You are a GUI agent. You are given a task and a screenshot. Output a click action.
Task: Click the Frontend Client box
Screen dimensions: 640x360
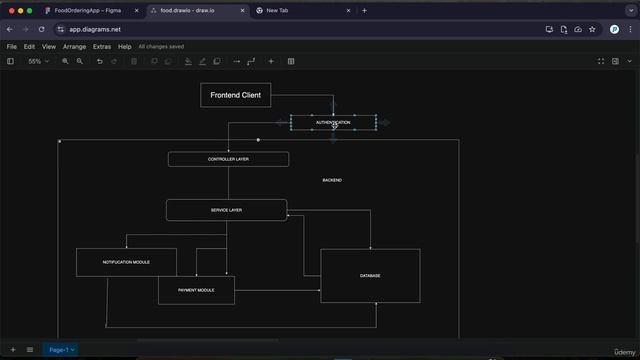pos(235,95)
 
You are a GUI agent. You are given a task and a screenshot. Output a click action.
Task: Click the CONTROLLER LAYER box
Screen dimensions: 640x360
pos(228,159)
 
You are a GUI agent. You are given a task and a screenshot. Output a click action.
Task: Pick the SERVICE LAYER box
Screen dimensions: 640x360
pos(226,210)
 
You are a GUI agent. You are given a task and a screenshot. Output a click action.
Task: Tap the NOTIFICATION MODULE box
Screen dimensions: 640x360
pos(126,262)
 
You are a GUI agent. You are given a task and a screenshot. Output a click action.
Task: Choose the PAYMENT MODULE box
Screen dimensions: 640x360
pos(196,290)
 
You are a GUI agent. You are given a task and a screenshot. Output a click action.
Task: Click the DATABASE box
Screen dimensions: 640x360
pos(370,276)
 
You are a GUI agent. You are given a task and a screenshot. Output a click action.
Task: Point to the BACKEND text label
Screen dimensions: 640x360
pos(332,180)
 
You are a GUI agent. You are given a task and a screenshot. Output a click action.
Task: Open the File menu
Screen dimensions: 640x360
pos(12,46)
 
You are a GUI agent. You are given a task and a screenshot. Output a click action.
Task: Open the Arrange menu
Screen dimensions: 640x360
pos(74,46)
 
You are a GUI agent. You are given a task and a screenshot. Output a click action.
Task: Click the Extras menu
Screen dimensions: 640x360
pos(102,46)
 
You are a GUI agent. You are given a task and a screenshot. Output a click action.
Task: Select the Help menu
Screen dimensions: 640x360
pos(125,46)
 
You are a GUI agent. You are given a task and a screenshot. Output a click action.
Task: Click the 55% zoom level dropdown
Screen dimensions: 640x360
pos(37,61)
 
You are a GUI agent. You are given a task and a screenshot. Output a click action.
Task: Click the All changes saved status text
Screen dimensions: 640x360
pos(161,46)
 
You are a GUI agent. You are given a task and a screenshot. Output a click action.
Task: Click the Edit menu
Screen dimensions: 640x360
pos(30,46)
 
